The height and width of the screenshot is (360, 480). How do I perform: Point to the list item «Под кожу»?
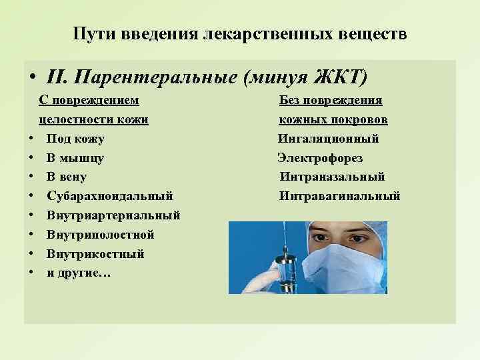tap(75, 139)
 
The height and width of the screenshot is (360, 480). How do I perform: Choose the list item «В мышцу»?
tap(75, 158)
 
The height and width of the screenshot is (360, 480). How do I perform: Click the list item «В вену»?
tap(67, 177)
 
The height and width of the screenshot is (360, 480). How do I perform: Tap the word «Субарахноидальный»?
tap(110, 196)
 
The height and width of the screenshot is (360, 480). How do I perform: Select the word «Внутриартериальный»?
tap(113, 215)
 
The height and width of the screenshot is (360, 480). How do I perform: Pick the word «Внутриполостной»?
tap(101, 235)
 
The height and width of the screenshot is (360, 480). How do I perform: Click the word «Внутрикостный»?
tap(95, 254)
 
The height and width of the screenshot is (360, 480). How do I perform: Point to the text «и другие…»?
tap(79, 273)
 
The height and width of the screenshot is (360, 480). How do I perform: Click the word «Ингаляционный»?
tap(329, 139)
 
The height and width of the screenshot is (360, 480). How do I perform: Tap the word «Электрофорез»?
tap(320, 158)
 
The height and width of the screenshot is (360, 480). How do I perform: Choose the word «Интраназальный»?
tap(332, 177)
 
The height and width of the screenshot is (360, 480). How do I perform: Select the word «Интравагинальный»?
tap(340, 196)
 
